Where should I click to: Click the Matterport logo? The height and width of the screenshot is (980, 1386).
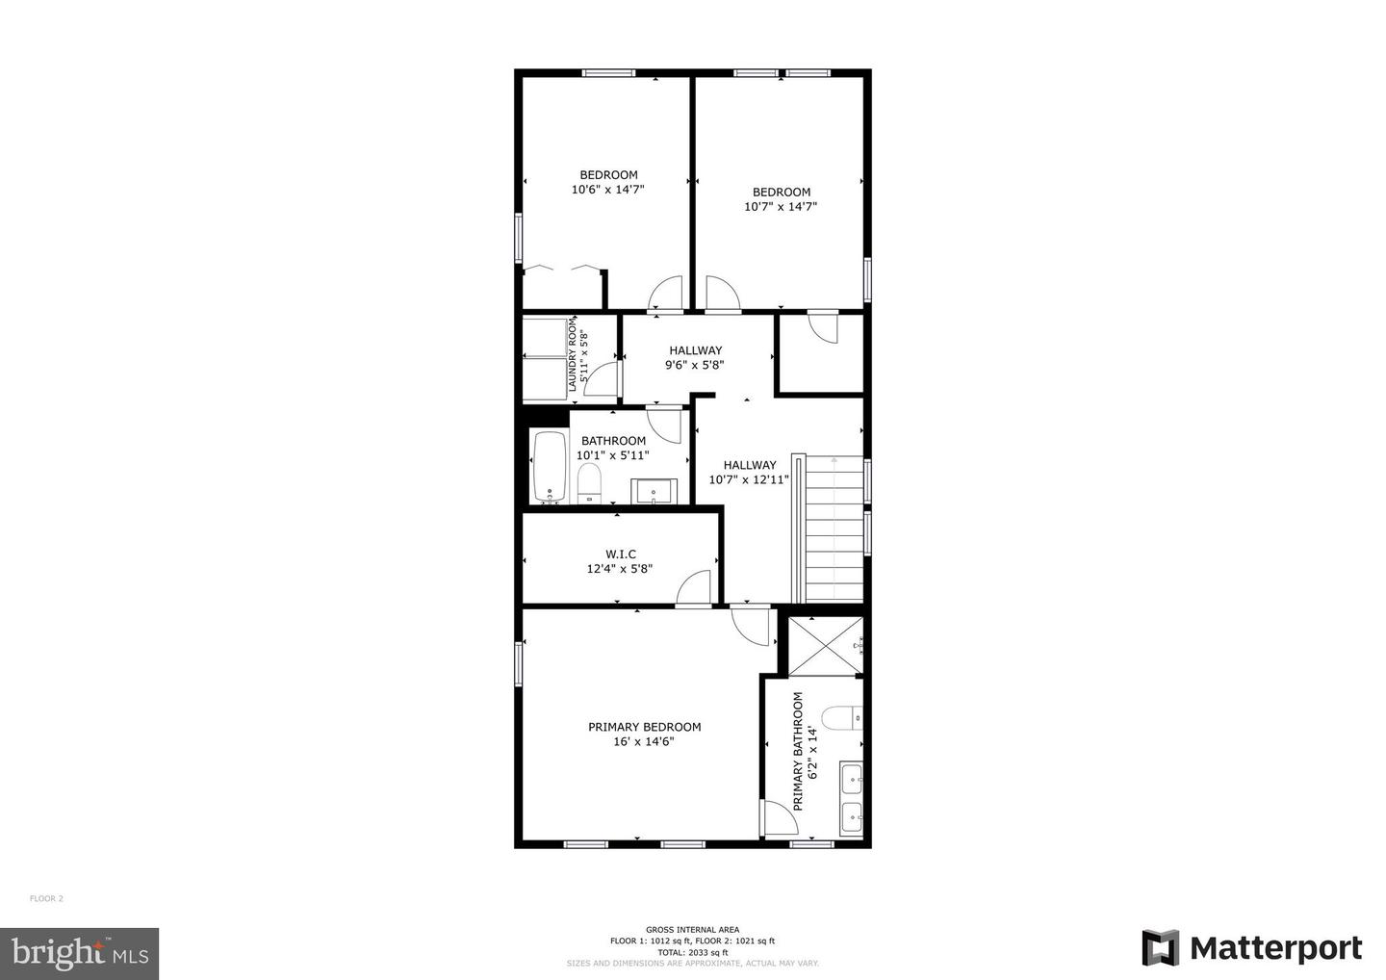tap(1251, 947)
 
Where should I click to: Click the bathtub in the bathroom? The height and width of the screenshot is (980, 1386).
tap(551, 467)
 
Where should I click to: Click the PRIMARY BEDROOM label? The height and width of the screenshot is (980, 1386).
tap(644, 727)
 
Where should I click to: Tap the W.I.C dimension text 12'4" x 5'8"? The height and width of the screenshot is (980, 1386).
tap(620, 569)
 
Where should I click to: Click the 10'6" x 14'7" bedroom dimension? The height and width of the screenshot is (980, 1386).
tap(607, 190)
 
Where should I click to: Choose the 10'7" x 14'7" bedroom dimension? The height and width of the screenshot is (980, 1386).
tap(781, 206)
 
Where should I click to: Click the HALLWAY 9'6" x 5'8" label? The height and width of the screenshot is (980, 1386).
tap(695, 350)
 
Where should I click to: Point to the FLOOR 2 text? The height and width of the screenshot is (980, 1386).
tap(46, 898)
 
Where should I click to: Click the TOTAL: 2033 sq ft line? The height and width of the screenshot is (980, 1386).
tap(692, 951)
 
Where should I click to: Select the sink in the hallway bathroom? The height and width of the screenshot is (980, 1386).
tap(654, 491)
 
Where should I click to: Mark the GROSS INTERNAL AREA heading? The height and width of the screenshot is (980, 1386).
tap(692, 929)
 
